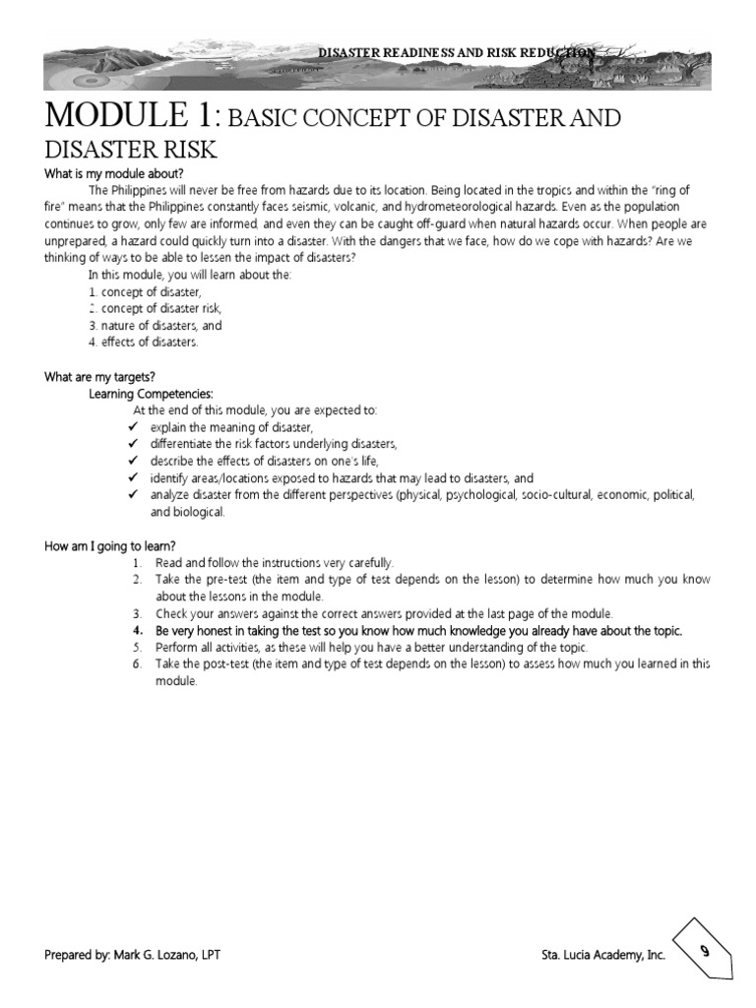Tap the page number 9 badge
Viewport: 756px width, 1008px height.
tap(705, 951)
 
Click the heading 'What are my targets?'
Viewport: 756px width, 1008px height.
tap(99, 376)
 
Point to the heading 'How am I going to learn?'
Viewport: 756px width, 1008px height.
tap(110, 546)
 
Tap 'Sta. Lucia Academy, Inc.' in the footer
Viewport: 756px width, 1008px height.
tap(603, 955)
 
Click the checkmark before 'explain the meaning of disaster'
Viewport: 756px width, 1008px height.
tap(134, 427)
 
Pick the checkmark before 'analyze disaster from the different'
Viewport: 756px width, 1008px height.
tap(134, 494)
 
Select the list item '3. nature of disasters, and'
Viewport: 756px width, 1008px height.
tap(155, 325)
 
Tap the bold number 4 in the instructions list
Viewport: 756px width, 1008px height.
tap(137, 630)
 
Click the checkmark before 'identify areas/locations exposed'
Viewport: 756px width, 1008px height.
tap(134, 477)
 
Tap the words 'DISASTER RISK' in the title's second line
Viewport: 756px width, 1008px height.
tap(131, 150)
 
